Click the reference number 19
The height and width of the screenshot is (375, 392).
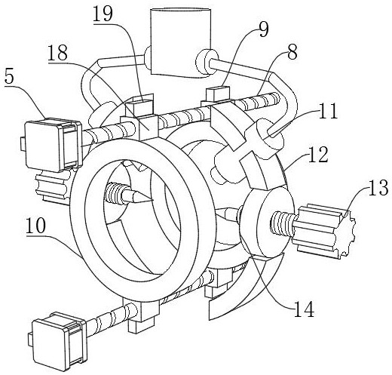pyautogui.click(x=103, y=14)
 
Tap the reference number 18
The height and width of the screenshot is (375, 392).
pyautogui.click(x=58, y=52)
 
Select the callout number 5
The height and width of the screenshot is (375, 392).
pyautogui.click(x=9, y=78)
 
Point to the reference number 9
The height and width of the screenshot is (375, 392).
pyautogui.click(x=264, y=29)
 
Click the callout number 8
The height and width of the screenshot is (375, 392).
pyautogui.click(x=292, y=52)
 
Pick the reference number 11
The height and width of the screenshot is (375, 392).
pyautogui.click(x=328, y=111)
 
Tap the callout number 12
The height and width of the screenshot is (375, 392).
pyautogui.click(x=318, y=155)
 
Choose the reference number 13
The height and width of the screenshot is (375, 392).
pyautogui.click(x=378, y=187)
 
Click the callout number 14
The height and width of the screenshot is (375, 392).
pyautogui.click(x=304, y=309)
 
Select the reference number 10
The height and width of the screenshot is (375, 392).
pyautogui.click(x=36, y=226)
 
